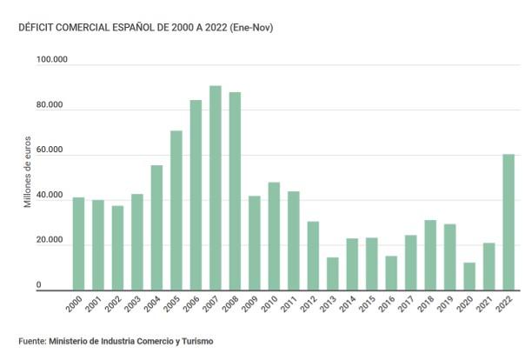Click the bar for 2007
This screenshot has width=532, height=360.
pyautogui.click(x=215, y=188)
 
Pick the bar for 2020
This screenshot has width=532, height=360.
pyautogui.click(x=469, y=276)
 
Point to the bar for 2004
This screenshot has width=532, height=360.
pyautogui.click(x=156, y=227)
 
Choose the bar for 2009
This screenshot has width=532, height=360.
pyautogui.click(x=254, y=243)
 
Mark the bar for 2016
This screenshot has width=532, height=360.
pyautogui.click(x=391, y=272)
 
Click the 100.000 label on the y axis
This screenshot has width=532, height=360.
pyautogui.click(x=51, y=60)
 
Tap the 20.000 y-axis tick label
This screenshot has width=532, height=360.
pyautogui.click(x=51, y=240)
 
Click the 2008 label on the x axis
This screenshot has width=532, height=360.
pyautogui.click(x=232, y=305)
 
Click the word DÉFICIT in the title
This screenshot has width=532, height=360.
pyautogui.click(x=37, y=28)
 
